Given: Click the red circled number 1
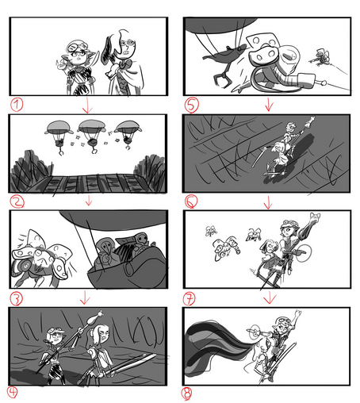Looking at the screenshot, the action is (x=17, y=105).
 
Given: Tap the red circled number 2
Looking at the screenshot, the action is (x=17, y=201).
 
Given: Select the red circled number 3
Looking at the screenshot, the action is (x=17, y=299).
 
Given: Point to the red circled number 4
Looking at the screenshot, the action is (x=12, y=392).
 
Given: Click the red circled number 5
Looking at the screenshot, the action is (x=191, y=104).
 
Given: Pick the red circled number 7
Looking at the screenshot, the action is (x=190, y=298).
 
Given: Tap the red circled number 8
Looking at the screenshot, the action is (x=186, y=393).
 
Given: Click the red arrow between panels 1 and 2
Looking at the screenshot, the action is (x=87, y=105).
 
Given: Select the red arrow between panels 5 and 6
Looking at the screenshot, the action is (x=269, y=105).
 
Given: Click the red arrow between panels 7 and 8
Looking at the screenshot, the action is (x=270, y=297).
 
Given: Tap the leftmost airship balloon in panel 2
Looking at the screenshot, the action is (x=59, y=127).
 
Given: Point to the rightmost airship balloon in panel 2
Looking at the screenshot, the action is (x=128, y=126).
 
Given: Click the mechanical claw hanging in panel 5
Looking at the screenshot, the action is (x=222, y=79).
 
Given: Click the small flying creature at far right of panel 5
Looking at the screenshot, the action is (x=320, y=58).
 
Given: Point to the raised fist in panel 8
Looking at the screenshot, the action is (x=298, y=313).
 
